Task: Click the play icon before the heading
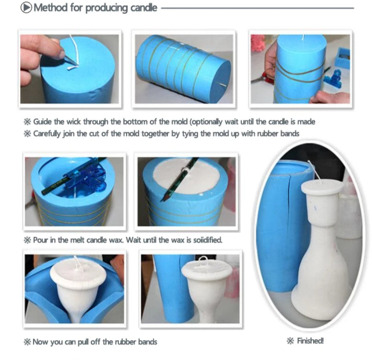(x=26, y=8)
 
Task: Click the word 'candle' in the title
(x=144, y=8)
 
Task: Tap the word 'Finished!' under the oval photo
(x=310, y=341)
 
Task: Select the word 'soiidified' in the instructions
(x=207, y=240)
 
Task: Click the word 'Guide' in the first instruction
(x=42, y=122)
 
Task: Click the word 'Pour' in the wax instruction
(x=40, y=240)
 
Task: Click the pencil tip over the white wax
(x=164, y=198)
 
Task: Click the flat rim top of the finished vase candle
(x=322, y=187)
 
